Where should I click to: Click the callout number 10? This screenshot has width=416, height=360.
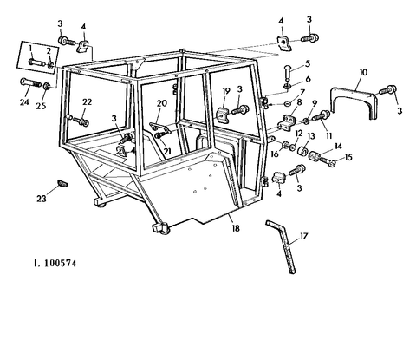(x=363, y=72)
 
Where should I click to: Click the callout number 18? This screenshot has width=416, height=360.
(x=236, y=228)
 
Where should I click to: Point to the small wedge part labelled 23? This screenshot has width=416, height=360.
(x=62, y=182)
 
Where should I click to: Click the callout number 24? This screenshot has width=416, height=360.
(x=24, y=102)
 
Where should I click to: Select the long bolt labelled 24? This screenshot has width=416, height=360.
(x=30, y=83)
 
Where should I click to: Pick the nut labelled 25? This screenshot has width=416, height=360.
(x=47, y=86)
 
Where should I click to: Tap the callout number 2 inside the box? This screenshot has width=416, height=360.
(x=49, y=51)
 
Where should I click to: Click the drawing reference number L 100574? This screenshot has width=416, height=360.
(x=55, y=264)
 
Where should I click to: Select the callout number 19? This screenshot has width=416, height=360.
(x=226, y=91)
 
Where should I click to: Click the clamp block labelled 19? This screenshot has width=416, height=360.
(x=224, y=113)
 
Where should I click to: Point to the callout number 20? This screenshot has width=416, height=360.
(x=162, y=103)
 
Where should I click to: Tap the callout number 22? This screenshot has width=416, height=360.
(x=87, y=101)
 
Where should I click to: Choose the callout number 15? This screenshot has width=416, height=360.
(x=348, y=157)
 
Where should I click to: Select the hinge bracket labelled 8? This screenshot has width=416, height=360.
(x=288, y=122)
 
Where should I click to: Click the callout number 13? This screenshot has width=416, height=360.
(x=310, y=136)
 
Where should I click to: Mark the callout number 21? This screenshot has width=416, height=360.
(x=167, y=151)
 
